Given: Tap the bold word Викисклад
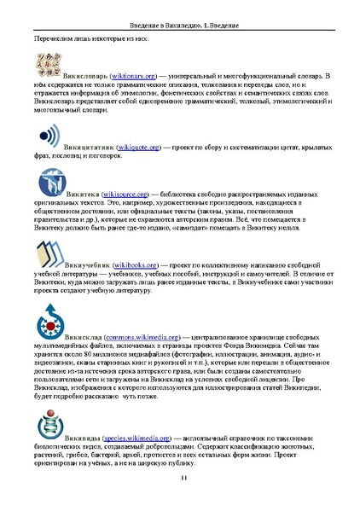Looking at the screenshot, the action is [83, 326].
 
